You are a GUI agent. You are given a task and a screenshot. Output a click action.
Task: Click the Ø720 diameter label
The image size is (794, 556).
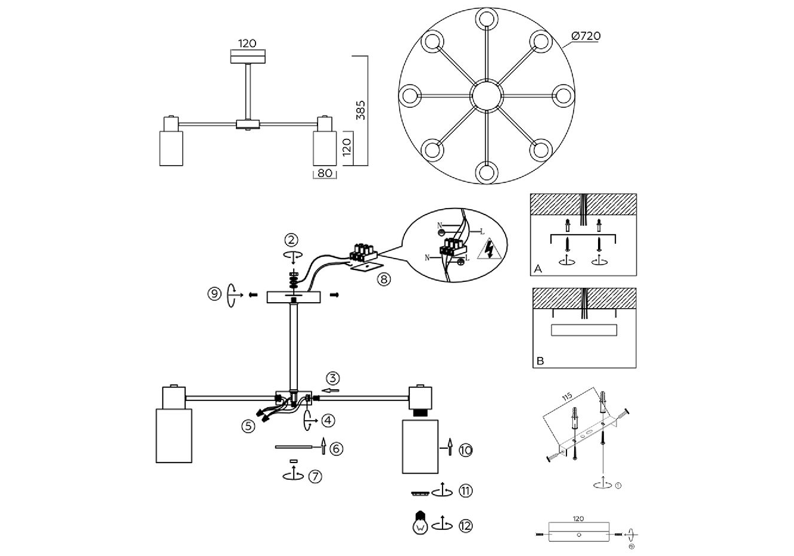click(586, 36)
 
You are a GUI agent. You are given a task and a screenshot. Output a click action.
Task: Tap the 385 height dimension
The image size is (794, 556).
click(361, 110)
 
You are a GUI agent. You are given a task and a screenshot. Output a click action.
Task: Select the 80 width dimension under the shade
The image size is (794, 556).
click(324, 174)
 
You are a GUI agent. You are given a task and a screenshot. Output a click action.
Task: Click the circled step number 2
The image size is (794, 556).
click(291, 240)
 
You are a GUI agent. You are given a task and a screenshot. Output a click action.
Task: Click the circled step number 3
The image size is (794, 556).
click(332, 378)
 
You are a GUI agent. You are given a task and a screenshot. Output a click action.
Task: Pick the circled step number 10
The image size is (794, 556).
click(466, 450)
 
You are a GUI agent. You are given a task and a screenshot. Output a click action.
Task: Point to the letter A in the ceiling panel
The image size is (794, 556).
click(538, 269)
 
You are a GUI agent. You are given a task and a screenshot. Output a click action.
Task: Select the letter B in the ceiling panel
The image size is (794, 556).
click(540, 361)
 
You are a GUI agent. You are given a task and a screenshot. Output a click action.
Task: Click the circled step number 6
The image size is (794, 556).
click(337, 448)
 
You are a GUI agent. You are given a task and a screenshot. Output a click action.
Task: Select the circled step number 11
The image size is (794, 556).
click(466, 491)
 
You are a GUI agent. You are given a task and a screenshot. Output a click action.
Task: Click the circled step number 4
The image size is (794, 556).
click(328, 420)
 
